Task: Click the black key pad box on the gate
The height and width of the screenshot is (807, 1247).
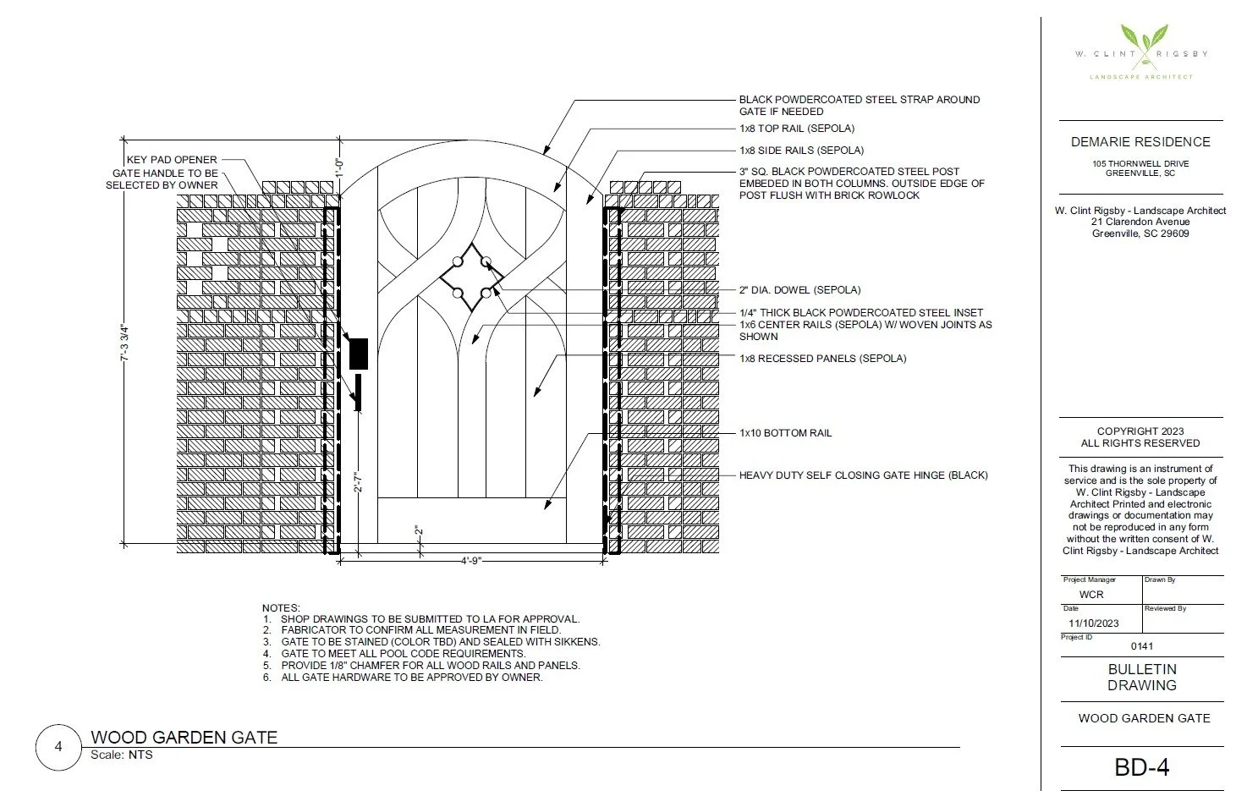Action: (358, 354)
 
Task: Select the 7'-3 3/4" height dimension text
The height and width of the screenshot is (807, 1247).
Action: (124, 342)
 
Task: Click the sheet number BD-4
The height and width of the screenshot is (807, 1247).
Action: (1141, 767)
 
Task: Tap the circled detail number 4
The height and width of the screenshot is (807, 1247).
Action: (58, 747)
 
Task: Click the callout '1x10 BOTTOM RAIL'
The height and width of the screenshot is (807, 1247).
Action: (785, 433)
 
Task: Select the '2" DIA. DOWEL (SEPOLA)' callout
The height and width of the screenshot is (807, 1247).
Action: (799, 290)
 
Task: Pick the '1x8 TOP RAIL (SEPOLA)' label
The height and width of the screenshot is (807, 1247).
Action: (796, 129)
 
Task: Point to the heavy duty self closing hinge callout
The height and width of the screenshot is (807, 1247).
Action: (863, 475)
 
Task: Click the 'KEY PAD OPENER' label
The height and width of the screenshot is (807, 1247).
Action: (172, 160)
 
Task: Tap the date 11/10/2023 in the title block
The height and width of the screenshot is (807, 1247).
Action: (1093, 623)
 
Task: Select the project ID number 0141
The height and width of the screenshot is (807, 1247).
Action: (1142, 646)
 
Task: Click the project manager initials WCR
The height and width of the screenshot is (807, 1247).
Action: (1091, 595)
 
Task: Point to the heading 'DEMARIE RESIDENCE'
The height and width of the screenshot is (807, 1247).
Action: (1140, 142)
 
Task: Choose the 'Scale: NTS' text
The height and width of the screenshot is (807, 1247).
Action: (122, 755)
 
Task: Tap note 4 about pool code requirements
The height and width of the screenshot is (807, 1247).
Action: (403, 654)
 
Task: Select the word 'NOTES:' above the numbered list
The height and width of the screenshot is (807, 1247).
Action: (281, 608)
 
